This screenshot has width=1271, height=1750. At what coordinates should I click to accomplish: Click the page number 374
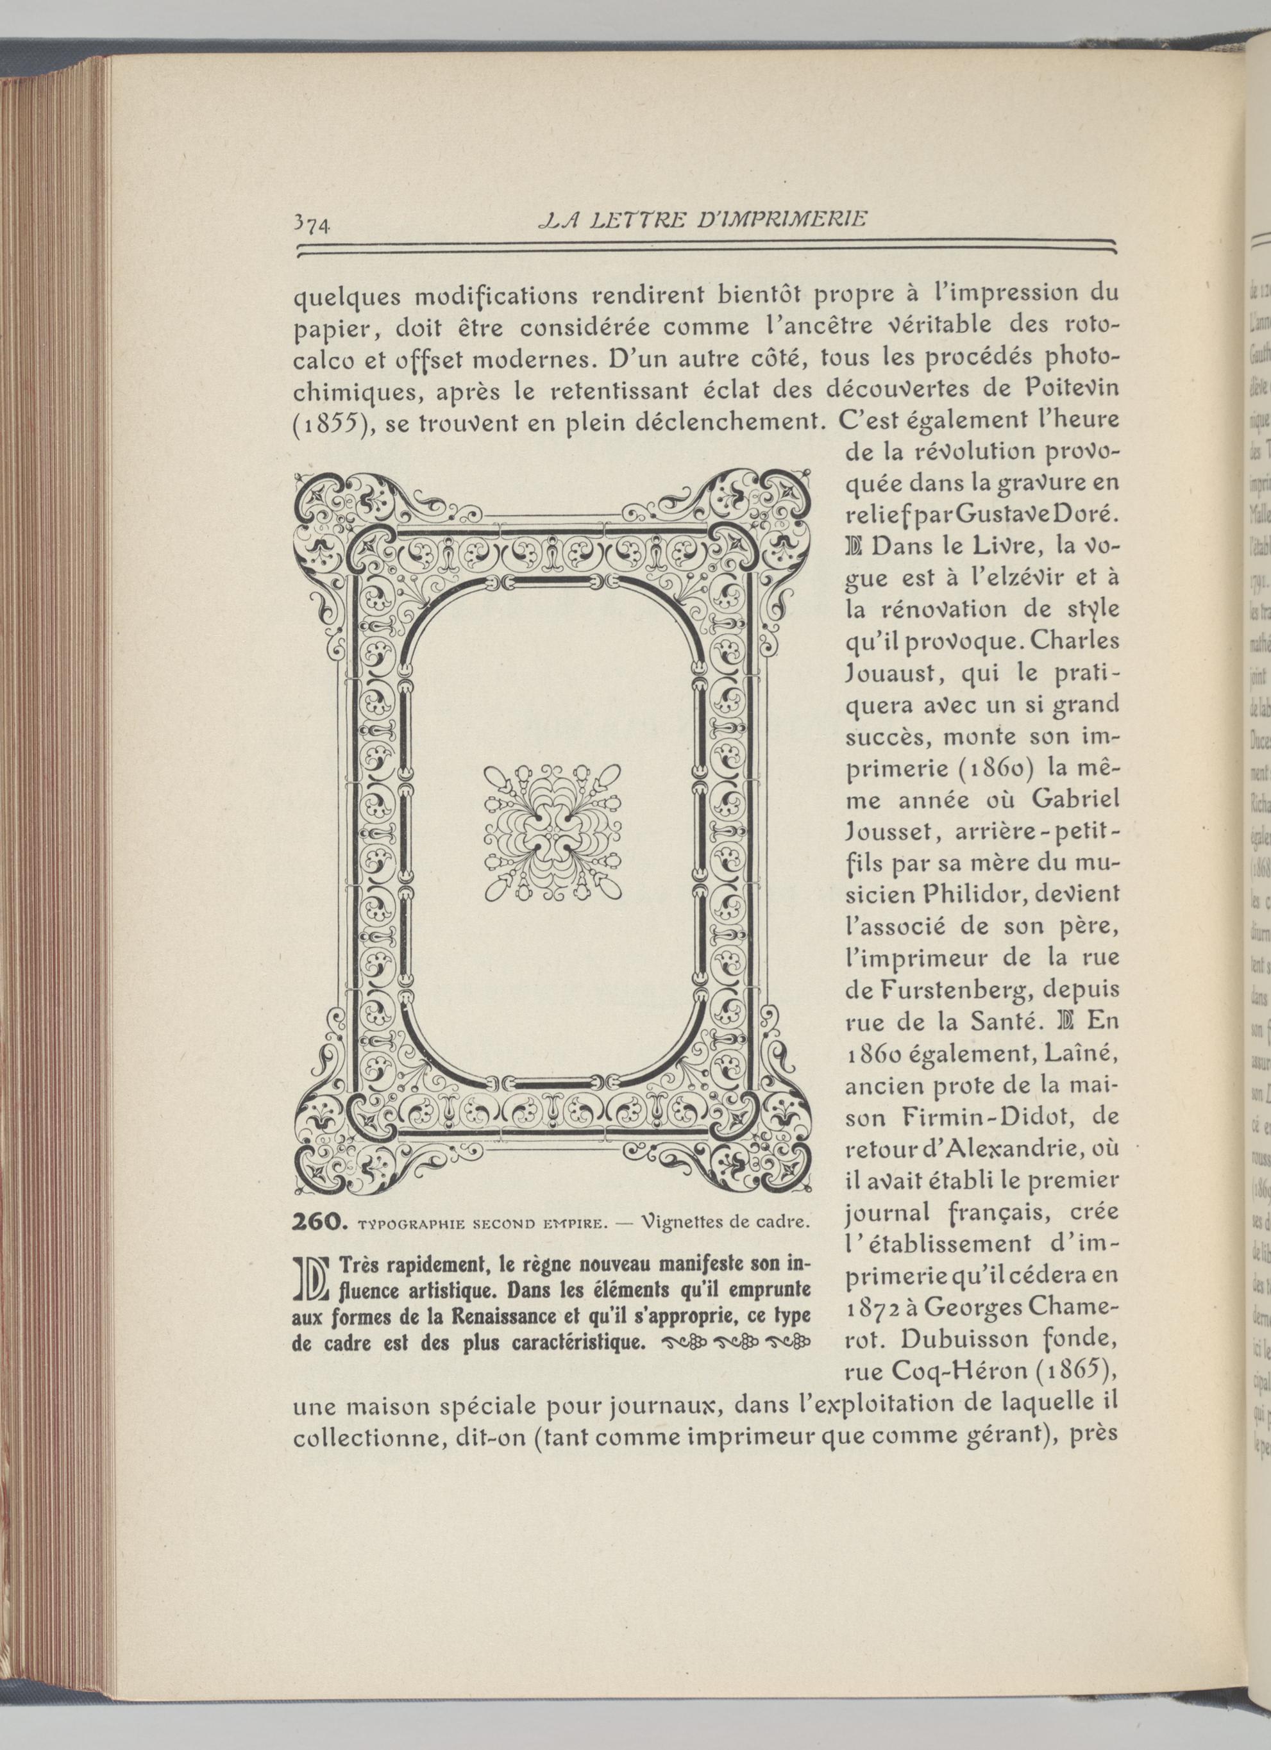(312, 223)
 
